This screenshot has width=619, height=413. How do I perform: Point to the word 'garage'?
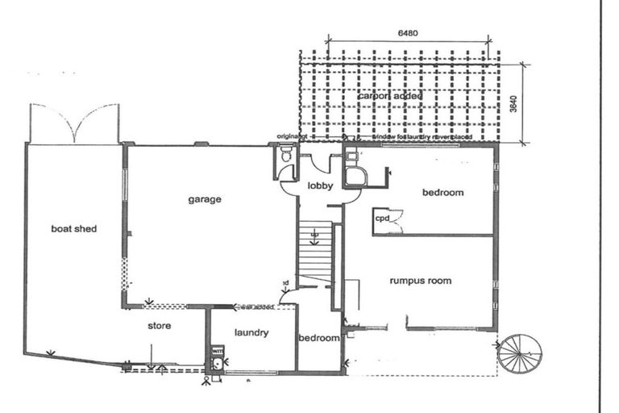(x=205, y=199)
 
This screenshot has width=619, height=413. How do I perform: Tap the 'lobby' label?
(x=320, y=186)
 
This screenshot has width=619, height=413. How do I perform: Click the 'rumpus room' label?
(x=420, y=281)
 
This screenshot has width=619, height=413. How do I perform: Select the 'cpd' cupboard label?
(x=382, y=218)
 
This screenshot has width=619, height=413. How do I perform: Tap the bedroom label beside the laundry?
(x=319, y=338)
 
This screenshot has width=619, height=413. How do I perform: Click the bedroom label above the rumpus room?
(x=442, y=192)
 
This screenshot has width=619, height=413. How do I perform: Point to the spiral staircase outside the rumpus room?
(x=520, y=355)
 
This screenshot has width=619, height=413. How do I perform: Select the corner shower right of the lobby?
(x=355, y=177)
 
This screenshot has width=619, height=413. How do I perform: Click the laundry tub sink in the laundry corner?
(x=217, y=365)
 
